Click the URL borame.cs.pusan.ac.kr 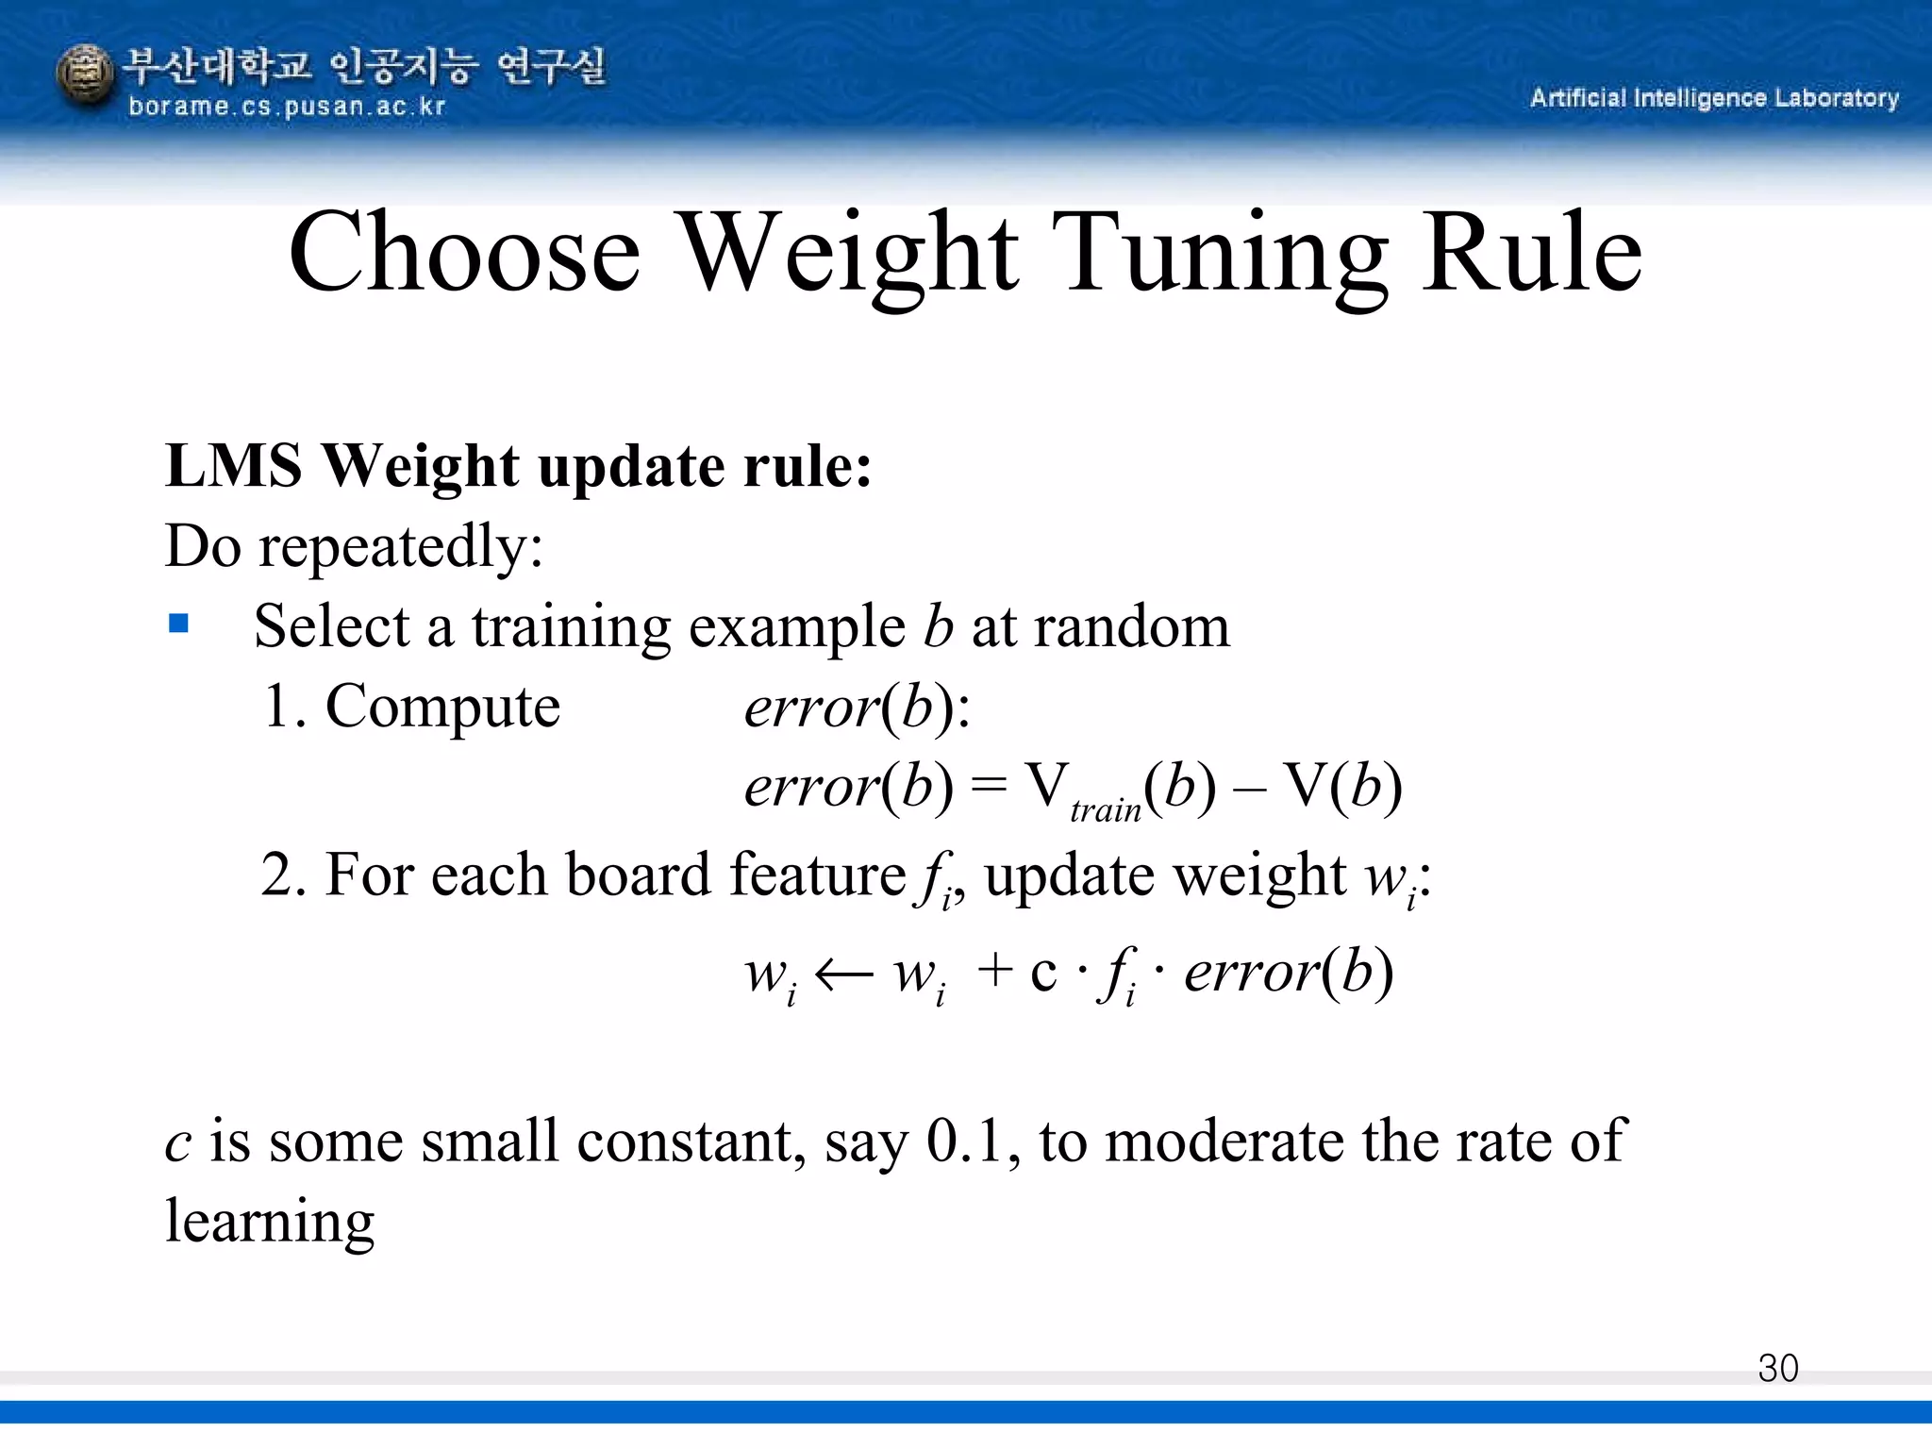[286, 107]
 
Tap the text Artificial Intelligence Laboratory [1714, 98]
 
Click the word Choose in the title [464, 253]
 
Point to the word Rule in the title [1532, 253]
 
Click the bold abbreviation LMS [234, 466]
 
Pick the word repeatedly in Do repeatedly [400, 547]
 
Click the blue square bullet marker [178, 624]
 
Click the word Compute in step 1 [442, 707]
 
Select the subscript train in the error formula [1105, 810]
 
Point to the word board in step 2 [638, 874]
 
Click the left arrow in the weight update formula [843, 974]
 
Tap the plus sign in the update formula [994, 971]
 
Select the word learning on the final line [270, 1223]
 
